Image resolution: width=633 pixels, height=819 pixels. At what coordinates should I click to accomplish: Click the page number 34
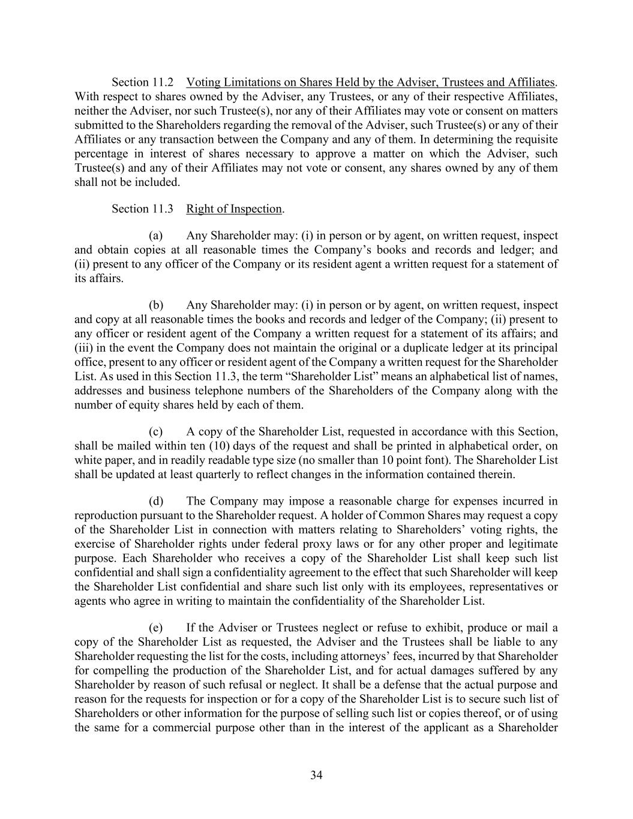[316, 775]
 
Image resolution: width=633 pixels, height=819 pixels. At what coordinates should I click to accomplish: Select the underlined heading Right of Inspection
[234, 209]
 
